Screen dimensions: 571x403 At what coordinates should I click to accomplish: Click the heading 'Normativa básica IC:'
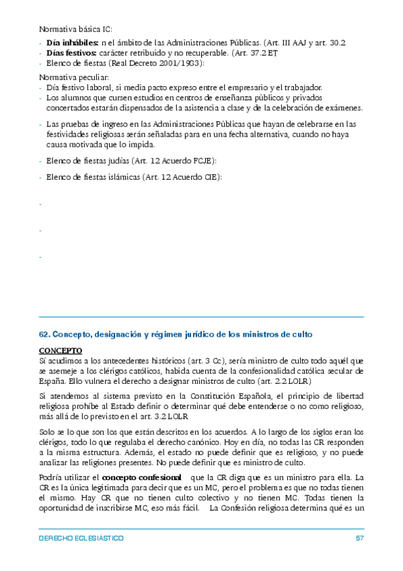[76, 30]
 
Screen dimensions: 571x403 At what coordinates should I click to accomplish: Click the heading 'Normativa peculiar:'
[73, 77]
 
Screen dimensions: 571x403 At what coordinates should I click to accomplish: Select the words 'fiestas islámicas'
[106, 177]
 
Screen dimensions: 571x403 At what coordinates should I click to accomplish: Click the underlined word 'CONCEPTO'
[61, 351]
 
